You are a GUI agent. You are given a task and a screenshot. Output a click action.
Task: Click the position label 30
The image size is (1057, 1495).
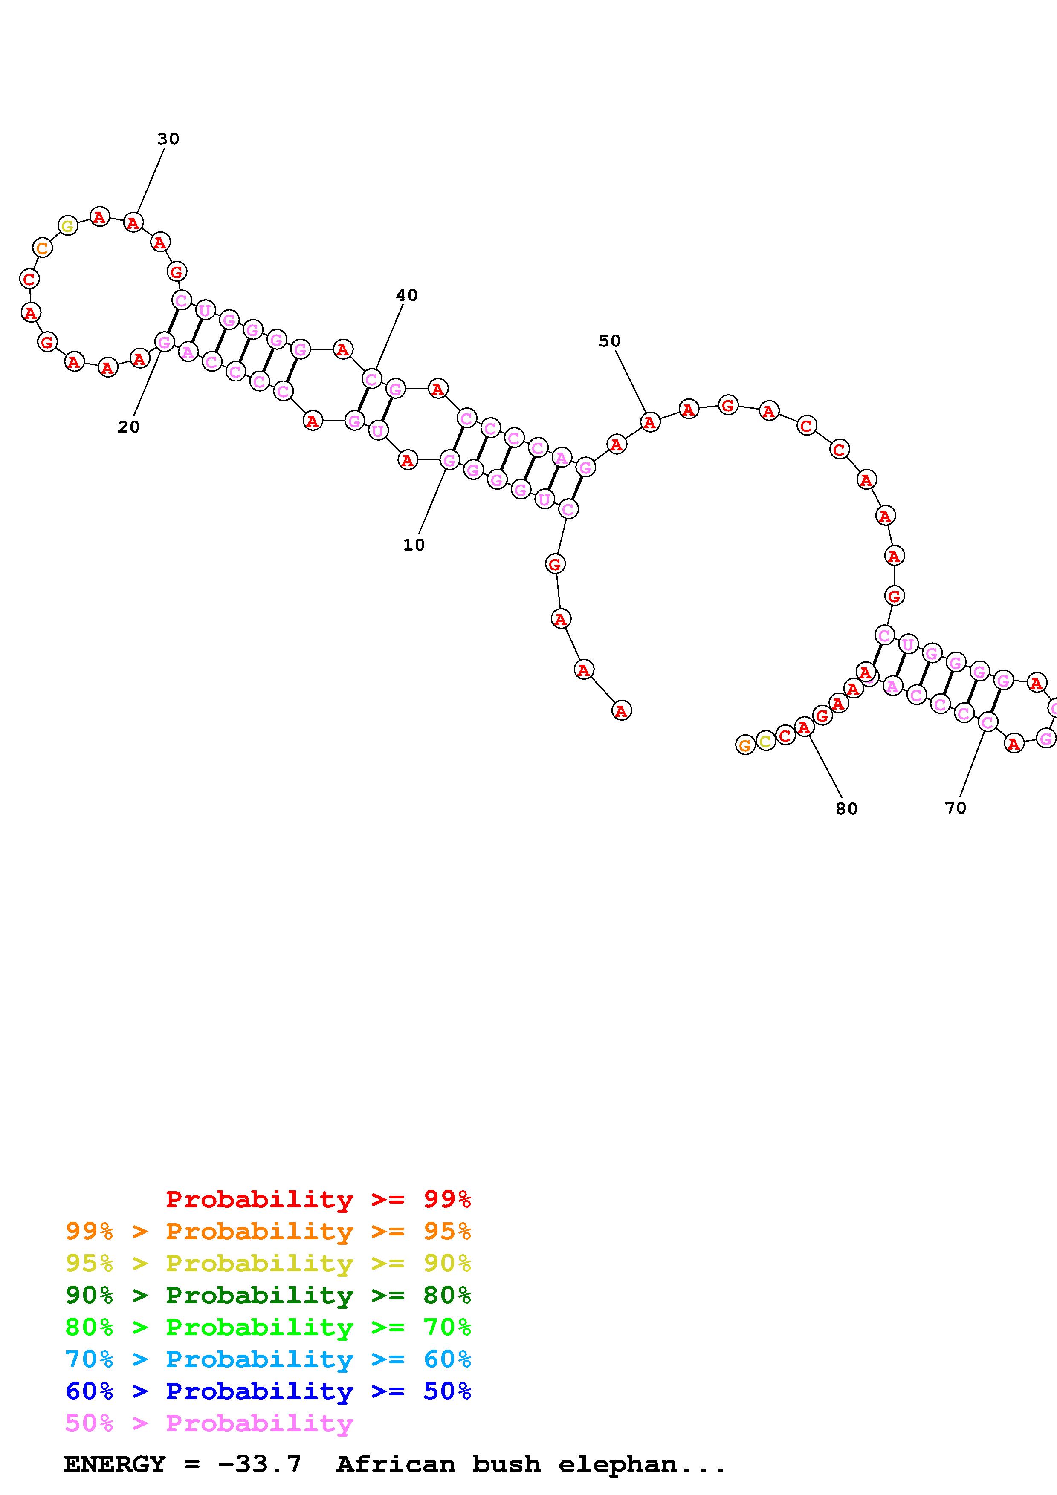pos(168,139)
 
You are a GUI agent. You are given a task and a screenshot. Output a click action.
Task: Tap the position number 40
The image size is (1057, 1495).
pos(406,295)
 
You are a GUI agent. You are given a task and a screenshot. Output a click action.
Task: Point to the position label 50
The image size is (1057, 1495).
pos(610,341)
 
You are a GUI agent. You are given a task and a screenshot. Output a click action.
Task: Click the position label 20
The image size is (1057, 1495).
pos(128,427)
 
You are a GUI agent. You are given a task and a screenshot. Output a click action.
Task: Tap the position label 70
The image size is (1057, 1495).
pos(956,808)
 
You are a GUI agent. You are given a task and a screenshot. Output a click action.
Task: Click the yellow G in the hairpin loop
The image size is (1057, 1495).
pos(68,226)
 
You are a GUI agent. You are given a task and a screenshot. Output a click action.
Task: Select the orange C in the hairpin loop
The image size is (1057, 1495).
pos(42,248)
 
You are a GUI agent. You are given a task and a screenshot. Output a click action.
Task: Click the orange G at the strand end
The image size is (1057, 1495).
pos(745,745)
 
